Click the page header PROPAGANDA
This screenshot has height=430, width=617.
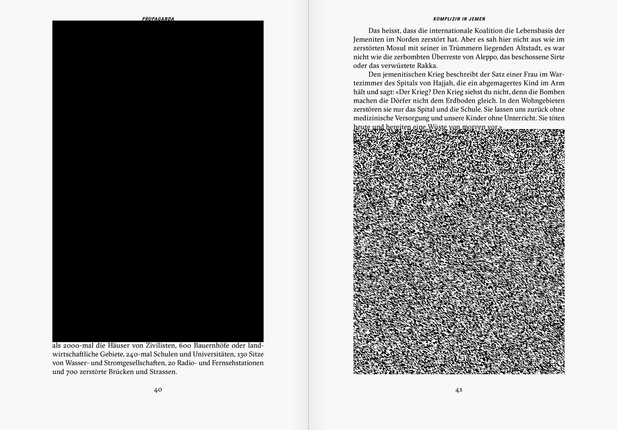(158, 19)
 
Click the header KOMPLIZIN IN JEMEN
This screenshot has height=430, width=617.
(459, 19)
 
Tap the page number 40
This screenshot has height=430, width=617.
(158, 390)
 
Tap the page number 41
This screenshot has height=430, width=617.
(459, 390)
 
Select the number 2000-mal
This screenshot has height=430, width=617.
(78, 345)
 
